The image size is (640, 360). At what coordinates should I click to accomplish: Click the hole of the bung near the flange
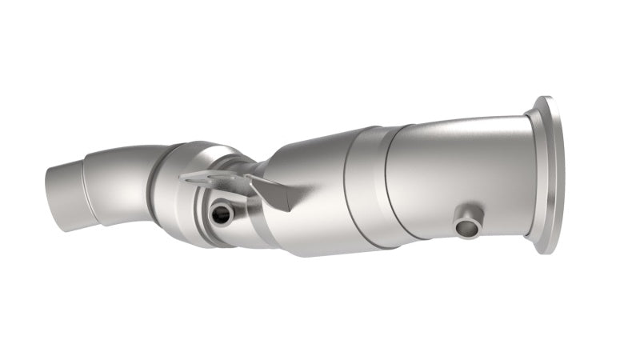(465, 229)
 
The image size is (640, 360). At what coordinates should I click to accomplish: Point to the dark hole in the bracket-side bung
(218, 214)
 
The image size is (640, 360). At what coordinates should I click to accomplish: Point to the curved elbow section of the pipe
(120, 180)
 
